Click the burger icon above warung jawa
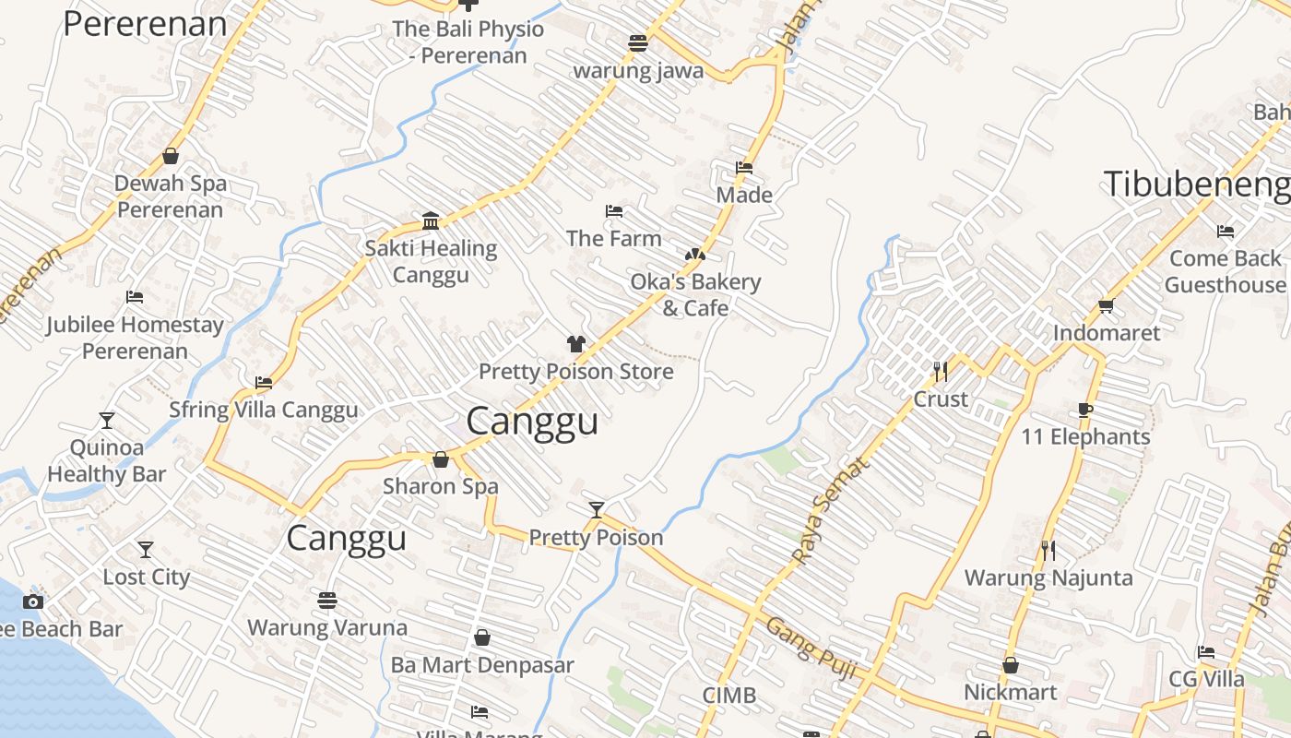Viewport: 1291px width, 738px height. pyautogui.click(x=637, y=42)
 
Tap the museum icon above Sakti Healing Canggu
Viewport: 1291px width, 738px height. pyautogui.click(x=431, y=220)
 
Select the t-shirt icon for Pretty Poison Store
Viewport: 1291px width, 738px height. pyautogui.click(x=576, y=344)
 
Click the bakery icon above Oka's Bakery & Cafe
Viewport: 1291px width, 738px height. pyautogui.click(x=695, y=255)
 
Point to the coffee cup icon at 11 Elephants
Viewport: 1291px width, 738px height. pyautogui.click(x=1085, y=410)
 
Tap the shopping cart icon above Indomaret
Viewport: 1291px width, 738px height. pyautogui.click(x=1106, y=305)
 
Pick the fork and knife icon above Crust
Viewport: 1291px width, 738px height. pyautogui.click(x=941, y=372)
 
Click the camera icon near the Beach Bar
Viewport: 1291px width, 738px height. pyautogui.click(x=33, y=601)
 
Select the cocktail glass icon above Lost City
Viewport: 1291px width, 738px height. pyautogui.click(x=146, y=550)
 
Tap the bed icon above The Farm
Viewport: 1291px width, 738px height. pyautogui.click(x=614, y=211)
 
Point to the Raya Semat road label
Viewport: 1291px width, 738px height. pyautogui.click(x=831, y=510)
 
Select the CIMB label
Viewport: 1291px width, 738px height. pyautogui.click(x=728, y=696)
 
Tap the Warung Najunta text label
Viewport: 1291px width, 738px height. pyautogui.click(x=1048, y=578)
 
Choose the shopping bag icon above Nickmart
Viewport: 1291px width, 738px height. pyautogui.click(x=1011, y=665)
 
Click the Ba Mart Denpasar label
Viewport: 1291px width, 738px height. pyautogui.click(x=482, y=665)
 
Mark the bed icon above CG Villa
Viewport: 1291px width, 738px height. pyautogui.click(x=1206, y=652)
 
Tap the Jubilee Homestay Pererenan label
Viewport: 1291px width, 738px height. pyautogui.click(x=136, y=338)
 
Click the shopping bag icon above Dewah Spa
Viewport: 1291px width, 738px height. pyautogui.click(x=171, y=156)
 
